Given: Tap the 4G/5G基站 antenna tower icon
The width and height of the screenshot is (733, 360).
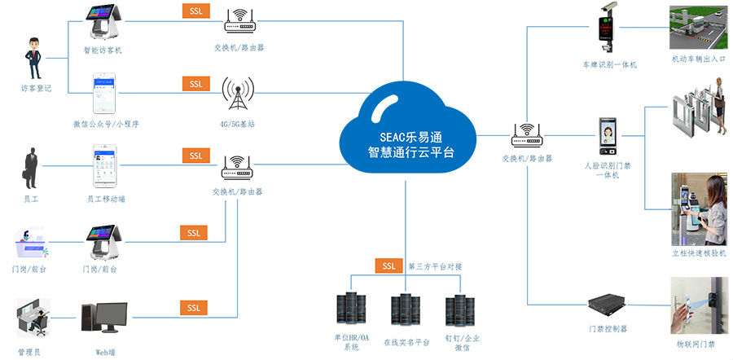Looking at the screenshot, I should click(x=239, y=95).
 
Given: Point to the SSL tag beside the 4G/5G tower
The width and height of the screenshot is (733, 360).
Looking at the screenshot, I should click(x=195, y=84).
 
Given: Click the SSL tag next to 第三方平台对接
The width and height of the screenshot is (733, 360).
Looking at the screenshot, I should click(x=389, y=266).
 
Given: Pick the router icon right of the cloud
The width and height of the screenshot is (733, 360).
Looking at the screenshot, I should click(x=527, y=134).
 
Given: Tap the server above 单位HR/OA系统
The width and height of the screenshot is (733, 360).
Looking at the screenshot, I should click(x=351, y=310).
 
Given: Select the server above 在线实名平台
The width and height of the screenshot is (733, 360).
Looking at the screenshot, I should click(x=405, y=310).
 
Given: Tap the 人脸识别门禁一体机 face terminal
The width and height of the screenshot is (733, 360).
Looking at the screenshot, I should click(x=608, y=135).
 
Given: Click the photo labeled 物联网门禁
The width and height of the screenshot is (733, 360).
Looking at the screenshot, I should click(x=697, y=306).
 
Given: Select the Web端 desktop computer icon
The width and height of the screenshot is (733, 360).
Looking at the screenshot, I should click(x=103, y=320).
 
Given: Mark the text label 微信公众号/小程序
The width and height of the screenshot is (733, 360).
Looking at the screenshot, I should click(x=106, y=124).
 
